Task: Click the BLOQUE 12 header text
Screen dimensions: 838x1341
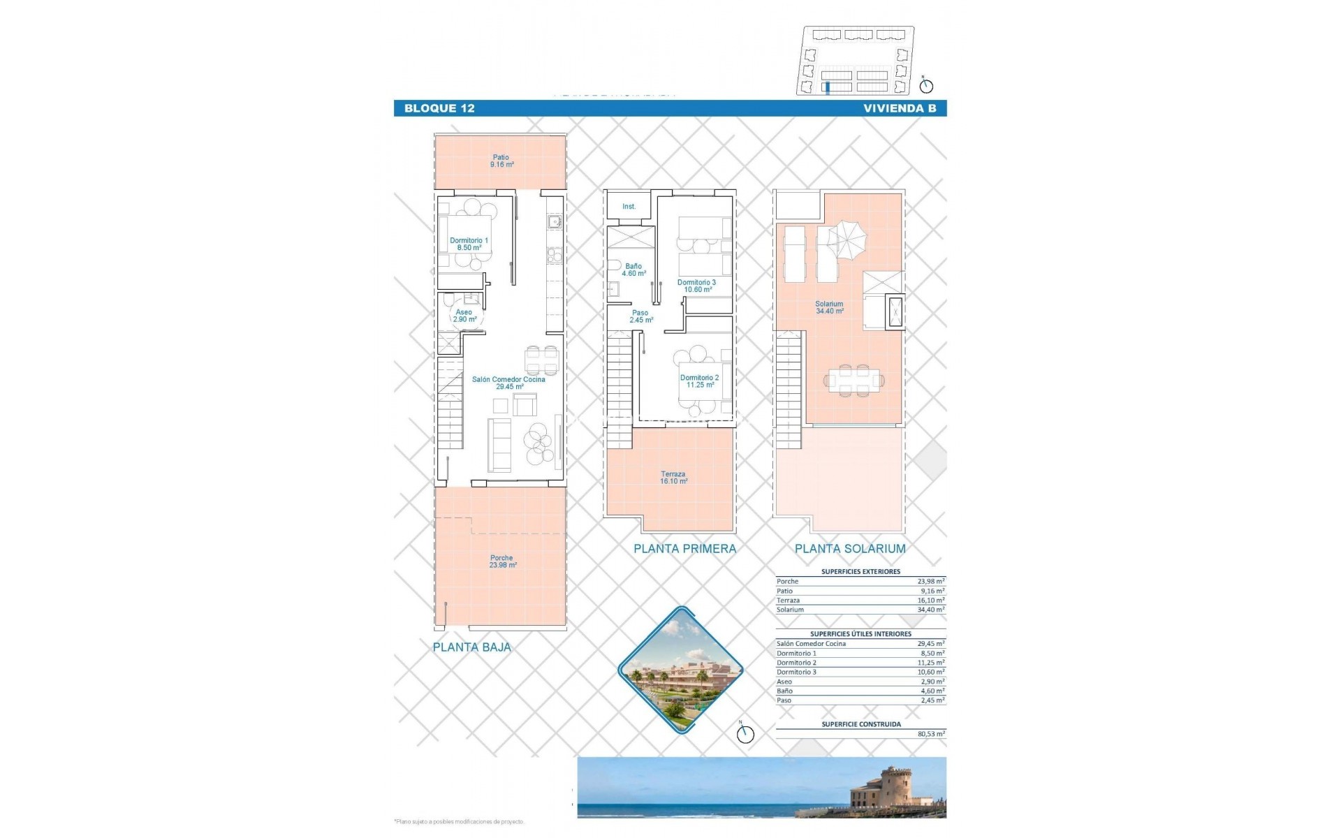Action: tap(439, 108)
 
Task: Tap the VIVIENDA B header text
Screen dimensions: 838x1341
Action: tap(900, 108)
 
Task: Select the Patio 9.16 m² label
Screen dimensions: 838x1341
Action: tap(501, 161)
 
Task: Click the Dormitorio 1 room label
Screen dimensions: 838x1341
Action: tap(469, 244)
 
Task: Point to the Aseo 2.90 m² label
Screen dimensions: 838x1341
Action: tap(464, 316)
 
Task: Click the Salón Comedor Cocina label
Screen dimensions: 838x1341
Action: tap(508, 383)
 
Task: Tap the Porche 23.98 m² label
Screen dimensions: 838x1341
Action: tap(502, 561)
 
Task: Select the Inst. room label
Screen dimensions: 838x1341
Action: tap(629, 207)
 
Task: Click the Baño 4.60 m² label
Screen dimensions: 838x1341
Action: tap(633, 270)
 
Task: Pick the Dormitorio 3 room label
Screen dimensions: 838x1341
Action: tap(697, 286)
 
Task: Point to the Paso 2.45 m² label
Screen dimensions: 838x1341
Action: tap(640, 316)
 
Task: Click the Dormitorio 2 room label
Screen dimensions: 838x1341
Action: tap(700, 381)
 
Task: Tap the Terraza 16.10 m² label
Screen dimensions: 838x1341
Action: tap(673, 478)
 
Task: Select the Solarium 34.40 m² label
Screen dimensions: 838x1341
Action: tap(829, 307)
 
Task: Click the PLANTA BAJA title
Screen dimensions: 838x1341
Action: tap(472, 647)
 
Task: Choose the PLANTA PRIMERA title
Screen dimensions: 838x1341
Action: tap(684, 549)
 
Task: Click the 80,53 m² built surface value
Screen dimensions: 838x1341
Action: tap(931, 734)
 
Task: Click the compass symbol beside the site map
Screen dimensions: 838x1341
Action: tap(926, 85)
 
